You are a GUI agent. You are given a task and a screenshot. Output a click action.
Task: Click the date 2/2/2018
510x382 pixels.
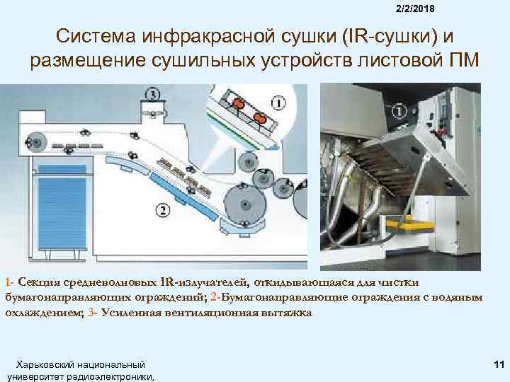pos(415,8)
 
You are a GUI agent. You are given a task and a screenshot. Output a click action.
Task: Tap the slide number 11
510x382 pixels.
pos(499,364)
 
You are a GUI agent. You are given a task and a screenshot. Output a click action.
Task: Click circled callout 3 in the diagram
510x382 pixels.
pos(152,95)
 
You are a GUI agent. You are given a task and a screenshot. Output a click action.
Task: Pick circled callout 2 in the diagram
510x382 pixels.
pos(163,210)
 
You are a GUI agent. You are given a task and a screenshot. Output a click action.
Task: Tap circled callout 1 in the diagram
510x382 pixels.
pos(278,103)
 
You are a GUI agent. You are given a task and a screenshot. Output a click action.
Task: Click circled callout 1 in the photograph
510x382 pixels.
pos(399,112)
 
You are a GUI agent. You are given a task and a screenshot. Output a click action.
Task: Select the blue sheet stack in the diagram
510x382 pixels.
pos(62,207)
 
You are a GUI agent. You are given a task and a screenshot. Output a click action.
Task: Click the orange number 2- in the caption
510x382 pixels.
pos(215,297)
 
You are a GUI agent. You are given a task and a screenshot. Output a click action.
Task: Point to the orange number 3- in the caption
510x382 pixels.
pos(93,313)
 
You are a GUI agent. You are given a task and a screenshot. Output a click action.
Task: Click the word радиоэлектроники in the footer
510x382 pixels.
pos(110,377)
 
